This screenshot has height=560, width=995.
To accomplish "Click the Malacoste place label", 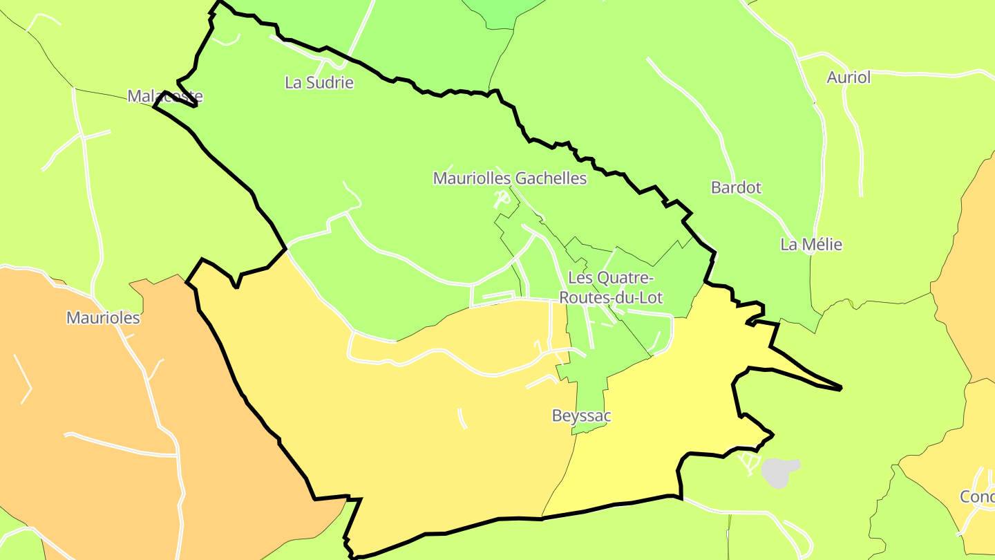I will click(x=165, y=96).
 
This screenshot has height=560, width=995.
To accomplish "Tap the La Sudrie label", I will click(x=319, y=83).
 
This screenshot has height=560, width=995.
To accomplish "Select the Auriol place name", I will click(x=849, y=77).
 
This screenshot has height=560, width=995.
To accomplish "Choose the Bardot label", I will click(x=736, y=187).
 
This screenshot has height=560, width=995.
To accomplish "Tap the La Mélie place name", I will click(x=811, y=244).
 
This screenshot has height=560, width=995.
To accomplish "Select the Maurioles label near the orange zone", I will click(x=103, y=318).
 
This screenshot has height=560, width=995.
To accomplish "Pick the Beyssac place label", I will click(x=581, y=416).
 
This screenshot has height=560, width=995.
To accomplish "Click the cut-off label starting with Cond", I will click(x=977, y=496).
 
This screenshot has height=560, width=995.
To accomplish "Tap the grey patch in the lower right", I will click(x=779, y=472).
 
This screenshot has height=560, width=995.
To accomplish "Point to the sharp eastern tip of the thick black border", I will click(x=840, y=389).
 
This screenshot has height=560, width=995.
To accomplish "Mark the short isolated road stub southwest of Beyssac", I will click(x=462, y=418).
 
